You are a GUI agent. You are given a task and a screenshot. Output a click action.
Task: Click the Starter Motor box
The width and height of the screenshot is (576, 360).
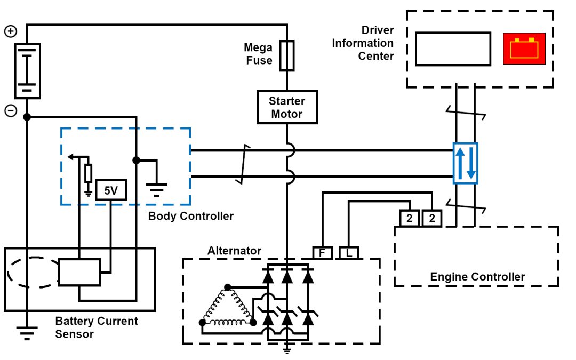click(287, 107)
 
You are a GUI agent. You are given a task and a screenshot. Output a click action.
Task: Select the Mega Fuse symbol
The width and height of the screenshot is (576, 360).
click(287, 55)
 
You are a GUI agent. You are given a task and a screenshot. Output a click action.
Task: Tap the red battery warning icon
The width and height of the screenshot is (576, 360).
click(524, 49)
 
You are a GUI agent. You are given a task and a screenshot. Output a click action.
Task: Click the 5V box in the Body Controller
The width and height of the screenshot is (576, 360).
click(111, 190)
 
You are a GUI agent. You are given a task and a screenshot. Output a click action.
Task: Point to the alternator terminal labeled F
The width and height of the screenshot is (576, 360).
click(322, 253)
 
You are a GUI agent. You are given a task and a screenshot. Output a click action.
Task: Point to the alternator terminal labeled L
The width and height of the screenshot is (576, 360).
click(349, 253)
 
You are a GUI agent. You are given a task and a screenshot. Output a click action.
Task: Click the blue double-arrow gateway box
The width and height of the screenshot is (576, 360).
click(465, 163)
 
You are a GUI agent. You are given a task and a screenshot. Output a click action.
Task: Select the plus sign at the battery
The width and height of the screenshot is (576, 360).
click(11, 31)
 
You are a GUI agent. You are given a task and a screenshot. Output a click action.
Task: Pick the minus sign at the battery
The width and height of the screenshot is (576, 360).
click(11, 111)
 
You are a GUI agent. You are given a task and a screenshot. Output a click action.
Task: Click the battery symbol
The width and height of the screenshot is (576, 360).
click(27, 71)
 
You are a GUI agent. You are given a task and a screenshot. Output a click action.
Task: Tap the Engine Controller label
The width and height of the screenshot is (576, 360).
click(477, 276)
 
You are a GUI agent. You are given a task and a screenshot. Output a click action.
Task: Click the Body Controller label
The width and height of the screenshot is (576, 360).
click(190, 216)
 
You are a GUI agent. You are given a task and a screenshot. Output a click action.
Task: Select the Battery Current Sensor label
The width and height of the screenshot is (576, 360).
click(97, 327)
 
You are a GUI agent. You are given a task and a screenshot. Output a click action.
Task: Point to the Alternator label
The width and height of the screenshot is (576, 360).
click(234, 250)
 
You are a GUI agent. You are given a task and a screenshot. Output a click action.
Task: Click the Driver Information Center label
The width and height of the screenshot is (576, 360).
click(363, 43)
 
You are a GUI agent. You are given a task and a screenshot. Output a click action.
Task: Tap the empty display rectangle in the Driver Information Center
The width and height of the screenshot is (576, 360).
click(453, 49)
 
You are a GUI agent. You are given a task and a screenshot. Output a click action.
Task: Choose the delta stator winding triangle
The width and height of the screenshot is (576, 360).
click(226, 309)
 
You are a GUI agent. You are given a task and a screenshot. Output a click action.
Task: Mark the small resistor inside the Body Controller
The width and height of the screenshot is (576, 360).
click(89, 173)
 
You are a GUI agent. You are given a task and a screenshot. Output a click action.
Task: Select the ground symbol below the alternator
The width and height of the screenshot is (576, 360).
click(287, 350)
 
